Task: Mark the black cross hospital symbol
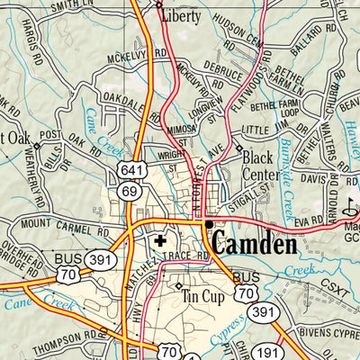[x=160, y=241]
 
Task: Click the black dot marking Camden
[x=208, y=224]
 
